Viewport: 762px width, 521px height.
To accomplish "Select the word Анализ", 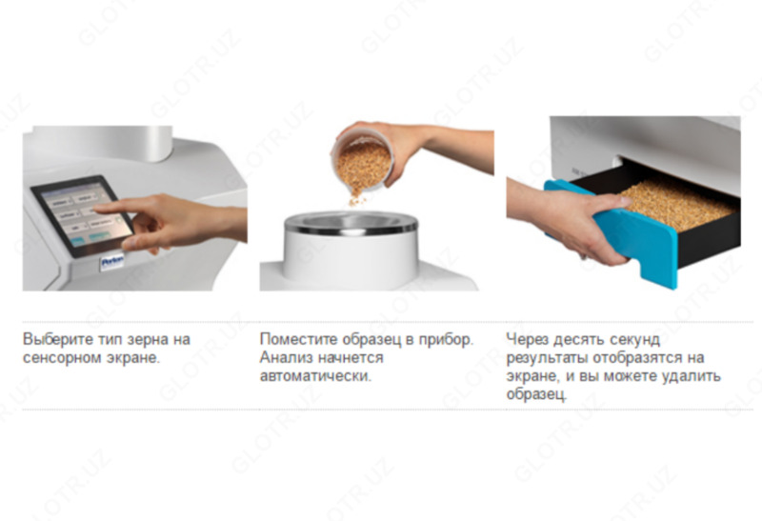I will click(x=284, y=357).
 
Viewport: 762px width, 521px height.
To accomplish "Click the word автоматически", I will click(x=315, y=375).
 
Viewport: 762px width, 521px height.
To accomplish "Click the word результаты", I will click(x=546, y=357).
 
